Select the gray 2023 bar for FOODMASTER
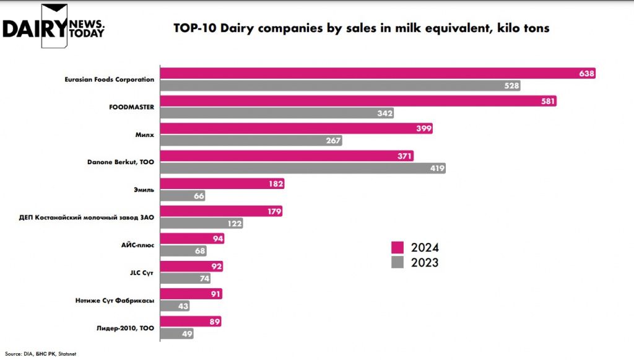[277, 113]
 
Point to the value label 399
[423, 129]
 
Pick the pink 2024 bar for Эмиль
[223, 184]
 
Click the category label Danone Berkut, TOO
[121, 162]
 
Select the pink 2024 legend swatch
[397, 247]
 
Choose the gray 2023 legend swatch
[397, 263]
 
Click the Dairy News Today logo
[54, 26]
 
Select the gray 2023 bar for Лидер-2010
[177, 333]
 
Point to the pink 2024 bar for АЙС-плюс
[192, 239]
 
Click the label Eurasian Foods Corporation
[110, 79]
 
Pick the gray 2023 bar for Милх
[251, 141]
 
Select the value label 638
[586, 74]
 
